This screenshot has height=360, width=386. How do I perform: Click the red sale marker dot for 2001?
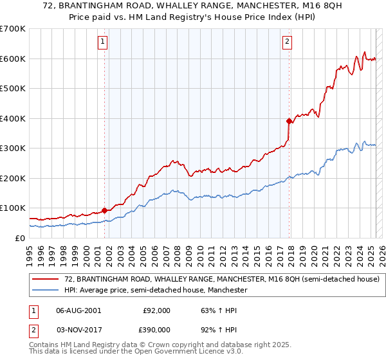[104, 210]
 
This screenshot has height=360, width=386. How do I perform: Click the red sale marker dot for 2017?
[289, 120]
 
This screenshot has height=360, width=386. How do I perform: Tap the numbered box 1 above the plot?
[103, 42]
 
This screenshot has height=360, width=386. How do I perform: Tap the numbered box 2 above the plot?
[287, 42]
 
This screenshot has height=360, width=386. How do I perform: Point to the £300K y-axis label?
[13, 148]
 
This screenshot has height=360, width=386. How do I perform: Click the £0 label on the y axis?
[20, 238]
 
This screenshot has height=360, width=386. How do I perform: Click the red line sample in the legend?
[46, 280]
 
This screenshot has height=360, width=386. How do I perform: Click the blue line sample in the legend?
[46, 291]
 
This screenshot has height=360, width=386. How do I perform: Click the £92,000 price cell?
[154, 310]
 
